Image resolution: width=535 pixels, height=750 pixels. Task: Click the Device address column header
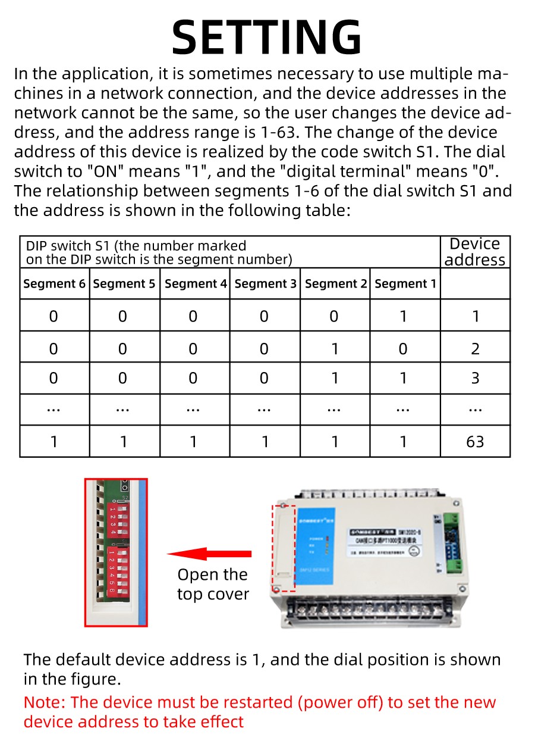475,252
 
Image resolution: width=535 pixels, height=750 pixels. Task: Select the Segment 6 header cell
54,284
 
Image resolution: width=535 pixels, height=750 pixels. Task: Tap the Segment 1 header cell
405,284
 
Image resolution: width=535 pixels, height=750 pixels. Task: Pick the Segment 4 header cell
195,284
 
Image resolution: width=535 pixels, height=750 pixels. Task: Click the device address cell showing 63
475,442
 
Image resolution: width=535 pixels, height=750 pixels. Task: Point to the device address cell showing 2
475,348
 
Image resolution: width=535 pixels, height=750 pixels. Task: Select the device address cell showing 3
475,379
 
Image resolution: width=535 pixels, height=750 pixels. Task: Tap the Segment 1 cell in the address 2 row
404,348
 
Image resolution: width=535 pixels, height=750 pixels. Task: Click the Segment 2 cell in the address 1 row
334,315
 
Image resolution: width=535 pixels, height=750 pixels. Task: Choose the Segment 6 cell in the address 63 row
54,442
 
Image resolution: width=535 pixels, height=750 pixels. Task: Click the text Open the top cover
212,585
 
